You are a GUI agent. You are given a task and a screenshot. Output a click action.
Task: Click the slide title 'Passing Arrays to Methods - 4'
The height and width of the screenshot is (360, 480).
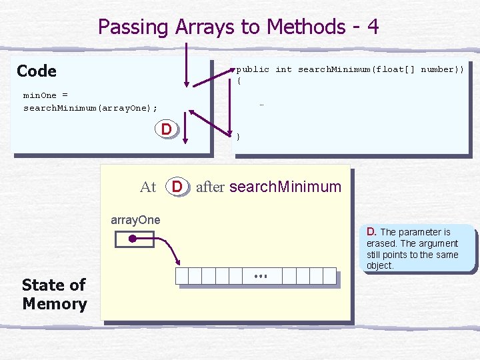point(239,27)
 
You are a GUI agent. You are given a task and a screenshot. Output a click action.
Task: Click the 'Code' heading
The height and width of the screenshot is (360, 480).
point(37,71)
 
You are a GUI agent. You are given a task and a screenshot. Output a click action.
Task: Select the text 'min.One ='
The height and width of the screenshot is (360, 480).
point(45,95)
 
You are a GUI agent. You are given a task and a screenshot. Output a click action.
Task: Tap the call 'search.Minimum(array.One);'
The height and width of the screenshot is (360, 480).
point(91,108)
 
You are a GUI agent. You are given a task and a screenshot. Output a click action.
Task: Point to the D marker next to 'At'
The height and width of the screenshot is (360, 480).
point(177,187)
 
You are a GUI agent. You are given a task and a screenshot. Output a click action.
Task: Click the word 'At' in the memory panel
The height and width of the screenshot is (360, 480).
point(148,187)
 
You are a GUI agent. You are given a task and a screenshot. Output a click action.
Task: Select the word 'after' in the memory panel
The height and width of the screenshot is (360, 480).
point(210,187)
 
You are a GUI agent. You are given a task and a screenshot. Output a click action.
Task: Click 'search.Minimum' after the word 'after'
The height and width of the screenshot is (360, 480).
point(285,187)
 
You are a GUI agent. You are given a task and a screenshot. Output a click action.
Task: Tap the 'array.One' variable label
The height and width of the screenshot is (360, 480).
point(135,220)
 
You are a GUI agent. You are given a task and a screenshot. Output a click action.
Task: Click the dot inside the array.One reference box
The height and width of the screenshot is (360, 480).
point(133,238)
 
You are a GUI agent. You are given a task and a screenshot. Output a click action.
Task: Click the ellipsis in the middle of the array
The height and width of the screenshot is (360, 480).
point(261,276)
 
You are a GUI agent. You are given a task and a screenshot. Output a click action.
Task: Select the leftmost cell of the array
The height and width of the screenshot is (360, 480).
point(181,276)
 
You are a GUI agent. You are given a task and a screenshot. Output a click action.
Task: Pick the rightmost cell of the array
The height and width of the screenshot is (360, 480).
point(329,276)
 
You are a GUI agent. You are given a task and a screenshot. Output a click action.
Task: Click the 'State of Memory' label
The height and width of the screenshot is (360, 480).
point(54,294)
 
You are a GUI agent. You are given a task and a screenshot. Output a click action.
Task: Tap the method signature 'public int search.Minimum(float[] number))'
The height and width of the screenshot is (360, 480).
point(350,69)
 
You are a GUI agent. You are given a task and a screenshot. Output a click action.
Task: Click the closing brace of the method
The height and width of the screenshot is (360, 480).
point(239,136)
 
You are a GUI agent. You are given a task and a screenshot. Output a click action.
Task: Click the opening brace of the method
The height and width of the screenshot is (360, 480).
point(239,81)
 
